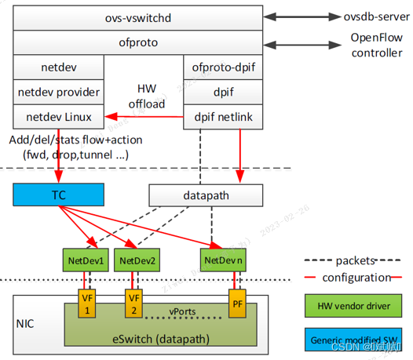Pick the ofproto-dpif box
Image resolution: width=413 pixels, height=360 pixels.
click(x=222, y=67)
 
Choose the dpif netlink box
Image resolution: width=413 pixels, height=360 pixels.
click(x=222, y=117)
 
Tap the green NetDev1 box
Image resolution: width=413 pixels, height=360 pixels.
click(x=86, y=258)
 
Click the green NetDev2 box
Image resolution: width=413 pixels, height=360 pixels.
click(x=137, y=258)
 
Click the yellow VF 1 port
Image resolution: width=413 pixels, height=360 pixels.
click(x=87, y=304)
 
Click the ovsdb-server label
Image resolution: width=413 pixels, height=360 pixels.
click(x=363, y=16)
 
